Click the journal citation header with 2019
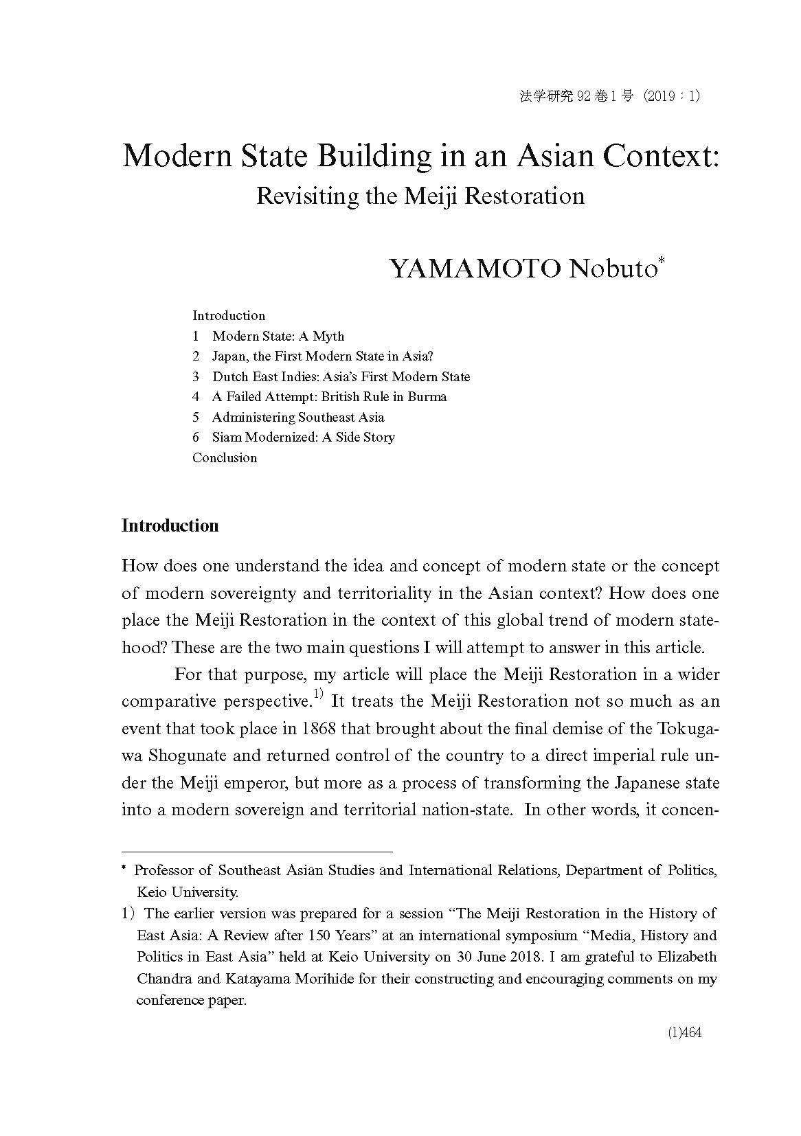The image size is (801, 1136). click(x=609, y=96)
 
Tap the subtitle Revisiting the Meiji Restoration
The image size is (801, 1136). click(x=420, y=196)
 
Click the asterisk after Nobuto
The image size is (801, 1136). click(x=661, y=261)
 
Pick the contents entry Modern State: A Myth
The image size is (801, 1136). click(x=278, y=336)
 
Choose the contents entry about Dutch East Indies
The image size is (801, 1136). click(x=341, y=376)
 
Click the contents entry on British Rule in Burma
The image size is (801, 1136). click(x=329, y=396)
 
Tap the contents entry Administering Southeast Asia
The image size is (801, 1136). click(x=297, y=417)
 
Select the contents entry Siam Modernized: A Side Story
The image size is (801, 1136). click(x=303, y=437)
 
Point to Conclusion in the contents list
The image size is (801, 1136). click(x=225, y=457)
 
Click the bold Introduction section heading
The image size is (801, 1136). click(x=170, y=525)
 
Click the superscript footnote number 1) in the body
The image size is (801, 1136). click(x=318, y=695)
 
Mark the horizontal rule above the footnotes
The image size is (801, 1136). click(x=256, y=850)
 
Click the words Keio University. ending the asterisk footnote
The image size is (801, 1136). click(x=188, y=892)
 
